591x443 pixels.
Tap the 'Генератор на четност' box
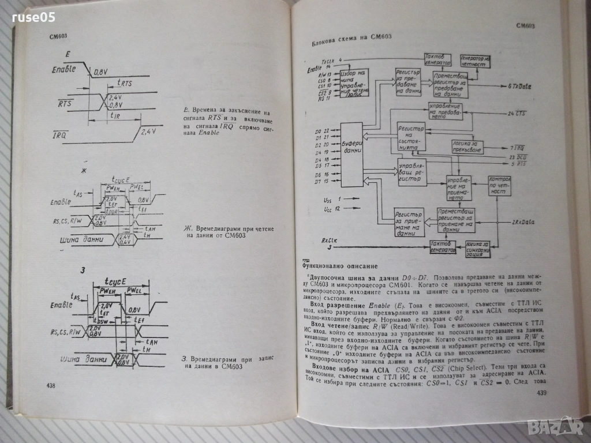point(475,62)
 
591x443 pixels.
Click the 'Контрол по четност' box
point(500,186)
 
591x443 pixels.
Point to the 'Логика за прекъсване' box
point(467,147)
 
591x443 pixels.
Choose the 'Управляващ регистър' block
point(412,172)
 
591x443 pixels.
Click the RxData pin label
point(523,221)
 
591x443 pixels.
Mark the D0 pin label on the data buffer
point(317,132)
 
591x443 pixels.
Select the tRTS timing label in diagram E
point(125,83)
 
